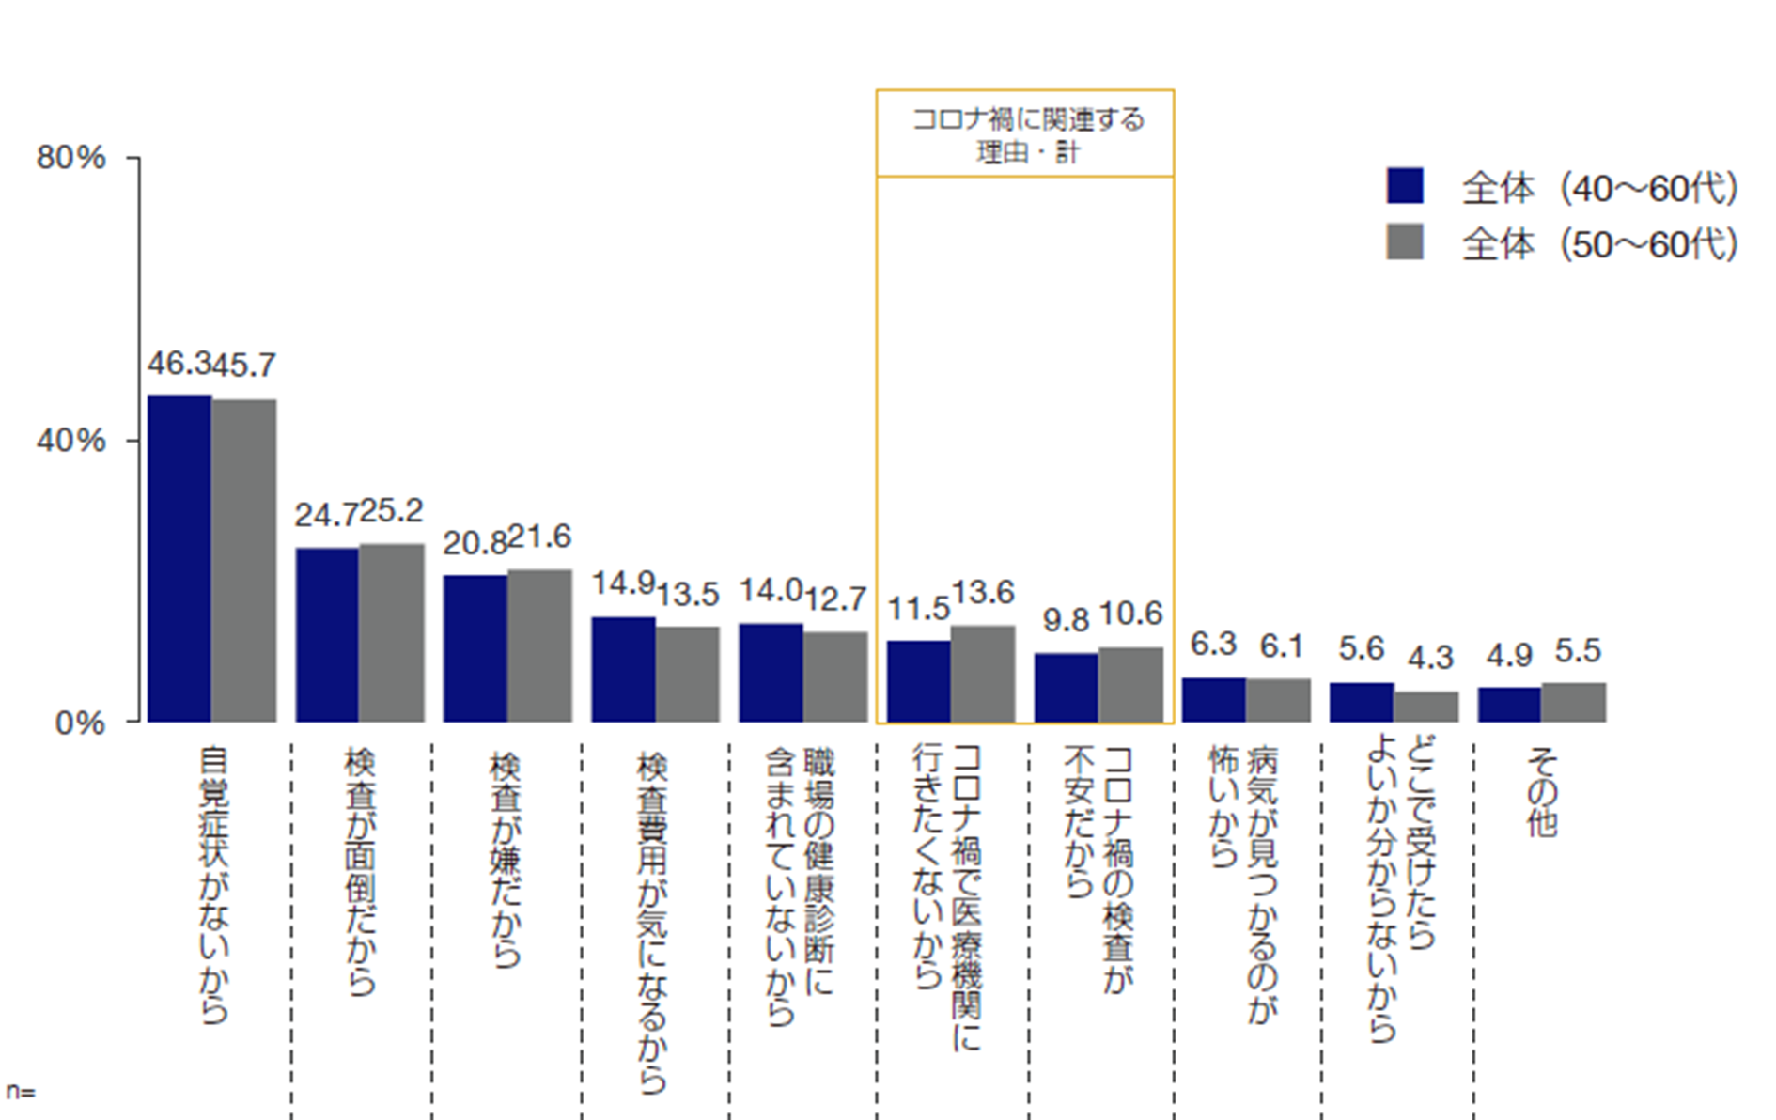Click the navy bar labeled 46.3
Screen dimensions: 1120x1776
(x=179, y=558)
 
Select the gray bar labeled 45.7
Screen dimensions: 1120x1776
(x=244, y=561)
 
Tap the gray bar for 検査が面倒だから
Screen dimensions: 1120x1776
(x=391, y=632)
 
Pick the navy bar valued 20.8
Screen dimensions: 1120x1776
(x=475, y=648)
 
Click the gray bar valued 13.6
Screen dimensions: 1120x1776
(x=983, y=674)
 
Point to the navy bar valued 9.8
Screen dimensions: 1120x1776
(x=1067, y=688)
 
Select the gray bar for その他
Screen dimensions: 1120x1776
(x=1574, y=702)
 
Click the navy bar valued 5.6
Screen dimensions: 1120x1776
(x=1362, y=702)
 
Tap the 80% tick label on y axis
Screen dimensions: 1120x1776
(x=71, y=158)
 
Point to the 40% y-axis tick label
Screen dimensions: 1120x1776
(x=71, y=441)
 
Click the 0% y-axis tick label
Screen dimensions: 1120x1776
(x=81, y=723)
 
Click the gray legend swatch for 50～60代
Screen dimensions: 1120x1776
(x=1405, y=241)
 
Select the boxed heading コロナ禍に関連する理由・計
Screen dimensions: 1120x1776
(x=1026, y=133)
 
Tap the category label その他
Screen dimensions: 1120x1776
(x=1542, y=791)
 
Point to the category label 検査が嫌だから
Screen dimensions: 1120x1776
(x=506, y=860)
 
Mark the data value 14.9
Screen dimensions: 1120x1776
(x=623, y=583)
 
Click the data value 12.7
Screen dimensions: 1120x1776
(x=835, y=599)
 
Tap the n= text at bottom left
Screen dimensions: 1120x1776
(x=20, y=1092)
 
